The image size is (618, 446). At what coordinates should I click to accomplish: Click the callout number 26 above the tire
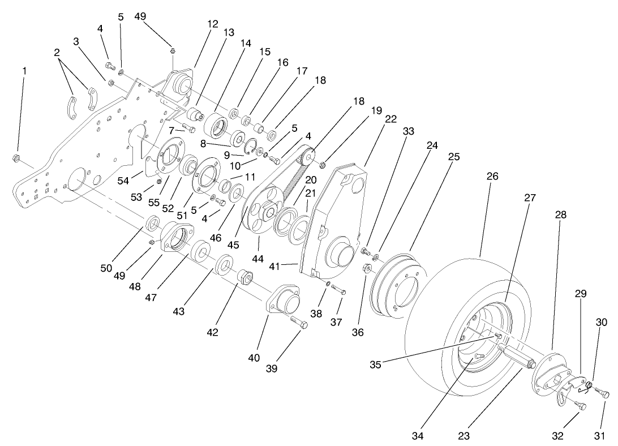(x=492, y=177)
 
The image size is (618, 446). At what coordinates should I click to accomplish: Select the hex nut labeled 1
(x=17, y=158)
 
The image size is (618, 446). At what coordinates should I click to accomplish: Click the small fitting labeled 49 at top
(x=172, y=51)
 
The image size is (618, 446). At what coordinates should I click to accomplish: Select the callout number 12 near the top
(x=212, y=24)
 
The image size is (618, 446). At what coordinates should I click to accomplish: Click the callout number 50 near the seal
(x=106, y=268)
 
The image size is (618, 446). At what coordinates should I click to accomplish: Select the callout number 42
(x=212, y=332)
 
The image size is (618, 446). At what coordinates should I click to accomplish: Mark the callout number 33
(x=408, y=131)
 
